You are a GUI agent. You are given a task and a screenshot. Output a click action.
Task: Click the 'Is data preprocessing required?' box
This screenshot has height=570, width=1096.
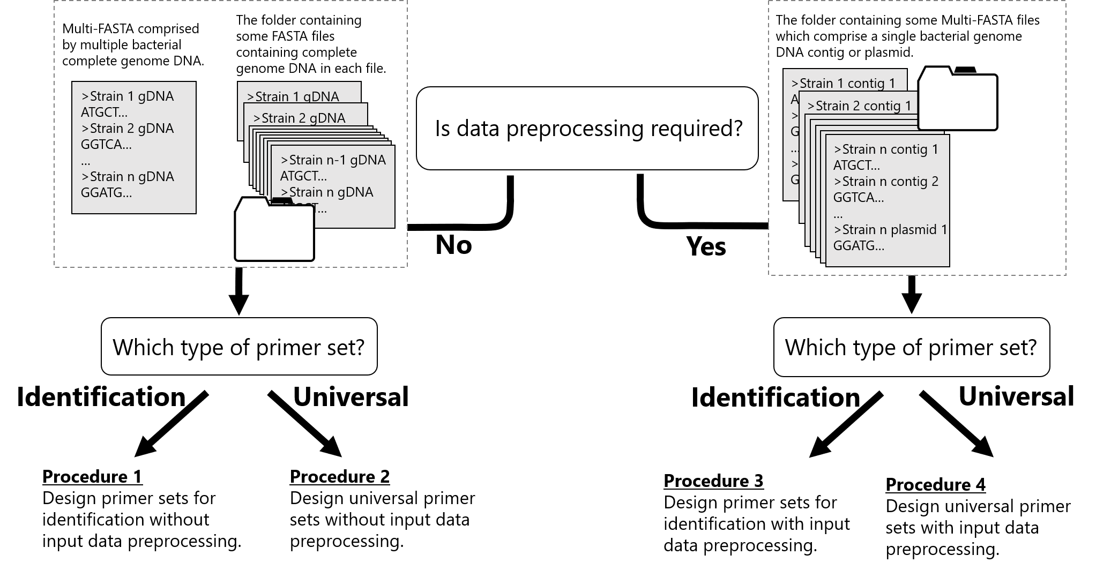[587, 129]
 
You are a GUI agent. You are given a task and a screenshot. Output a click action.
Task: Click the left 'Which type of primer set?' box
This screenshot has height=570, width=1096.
[239, 347]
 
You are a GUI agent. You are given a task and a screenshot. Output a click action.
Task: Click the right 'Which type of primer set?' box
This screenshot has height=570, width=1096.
[911, 347]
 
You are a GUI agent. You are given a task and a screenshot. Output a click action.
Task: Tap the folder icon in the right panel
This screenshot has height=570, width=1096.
[958, 100]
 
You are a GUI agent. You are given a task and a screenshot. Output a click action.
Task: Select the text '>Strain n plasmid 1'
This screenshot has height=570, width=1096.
[890, 230]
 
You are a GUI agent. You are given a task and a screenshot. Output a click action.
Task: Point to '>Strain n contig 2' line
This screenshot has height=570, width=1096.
[886, 182]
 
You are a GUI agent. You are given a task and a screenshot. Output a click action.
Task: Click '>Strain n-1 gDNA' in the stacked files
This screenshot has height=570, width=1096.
[333, 160]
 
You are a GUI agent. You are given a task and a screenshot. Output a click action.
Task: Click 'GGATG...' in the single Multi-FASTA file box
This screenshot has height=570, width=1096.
[106, 193]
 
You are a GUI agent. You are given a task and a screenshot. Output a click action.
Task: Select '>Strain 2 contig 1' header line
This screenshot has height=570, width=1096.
[859, 106]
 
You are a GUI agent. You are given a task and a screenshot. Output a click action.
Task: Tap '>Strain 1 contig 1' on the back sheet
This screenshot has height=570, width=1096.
[843, 84]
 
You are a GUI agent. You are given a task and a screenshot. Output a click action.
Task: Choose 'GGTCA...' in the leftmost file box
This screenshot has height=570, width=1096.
[106, 145]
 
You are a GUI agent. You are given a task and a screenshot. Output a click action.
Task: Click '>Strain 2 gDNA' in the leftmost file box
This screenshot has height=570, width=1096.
[127, 129]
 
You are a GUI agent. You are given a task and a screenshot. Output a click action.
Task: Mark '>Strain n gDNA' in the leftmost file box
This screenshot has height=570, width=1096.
[127, 177]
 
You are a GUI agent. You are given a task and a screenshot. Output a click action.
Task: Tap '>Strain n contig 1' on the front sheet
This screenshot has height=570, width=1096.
[886, 149]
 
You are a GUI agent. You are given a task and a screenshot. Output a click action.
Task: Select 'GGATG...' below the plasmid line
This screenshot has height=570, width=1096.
[859, 246]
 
